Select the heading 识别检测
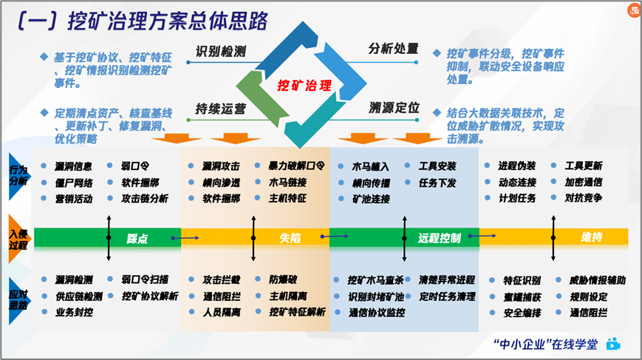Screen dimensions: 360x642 point(220,52)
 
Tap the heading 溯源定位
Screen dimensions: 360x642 point(394,108)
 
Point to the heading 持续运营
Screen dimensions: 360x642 point(220,109)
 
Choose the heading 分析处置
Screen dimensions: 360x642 point(394,50)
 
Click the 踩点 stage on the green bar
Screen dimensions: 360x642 point(137,238)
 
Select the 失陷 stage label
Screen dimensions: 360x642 point(290,238)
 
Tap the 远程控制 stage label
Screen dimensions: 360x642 point(439,238)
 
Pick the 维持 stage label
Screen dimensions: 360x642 point(591,237)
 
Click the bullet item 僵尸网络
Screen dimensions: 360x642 point(73,182)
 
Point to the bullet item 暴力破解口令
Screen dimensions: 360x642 point(296,166)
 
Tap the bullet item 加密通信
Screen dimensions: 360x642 point(584,182)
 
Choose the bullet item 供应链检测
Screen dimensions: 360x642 point(78,296)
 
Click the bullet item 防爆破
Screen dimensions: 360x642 point(283,279)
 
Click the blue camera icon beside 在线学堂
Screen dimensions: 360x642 point(612,344)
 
